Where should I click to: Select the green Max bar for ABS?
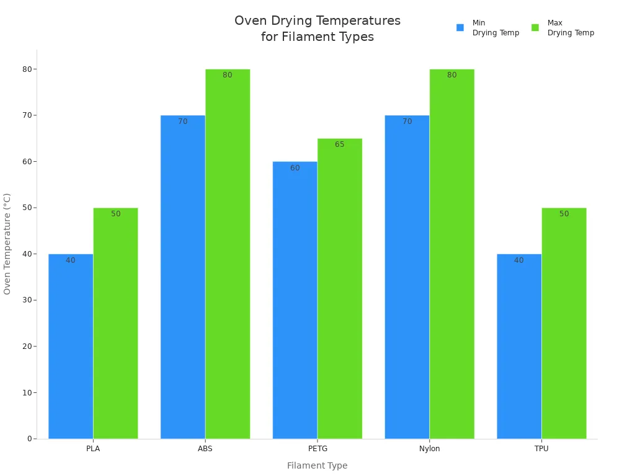tap(228, 254)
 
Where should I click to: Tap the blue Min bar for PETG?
tap(295, 300)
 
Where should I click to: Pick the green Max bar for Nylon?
tap(451, 254)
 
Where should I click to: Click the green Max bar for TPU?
tap(564, 323)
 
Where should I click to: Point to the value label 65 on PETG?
tap(339, 144)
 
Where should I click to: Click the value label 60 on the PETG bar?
tap(295, 168)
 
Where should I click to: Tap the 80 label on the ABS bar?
tap(228, 75)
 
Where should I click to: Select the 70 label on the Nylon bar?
tap(407, 121)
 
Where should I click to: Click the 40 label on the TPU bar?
tap(518, 260)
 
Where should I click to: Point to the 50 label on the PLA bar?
tap(116, 214)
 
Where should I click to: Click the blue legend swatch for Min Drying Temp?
tap(460, 28)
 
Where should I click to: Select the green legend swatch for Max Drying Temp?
tap(535, 28)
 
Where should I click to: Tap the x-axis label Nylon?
tap(429, 449)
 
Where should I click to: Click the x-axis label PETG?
tap(317, 449)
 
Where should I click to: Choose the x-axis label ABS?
tap(205, 449)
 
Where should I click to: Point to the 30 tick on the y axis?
tap(27, 300)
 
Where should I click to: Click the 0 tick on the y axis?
tap(29, 439)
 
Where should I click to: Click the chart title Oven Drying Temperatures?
tap(317, 21)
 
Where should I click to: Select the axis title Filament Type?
tap(317, 465)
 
